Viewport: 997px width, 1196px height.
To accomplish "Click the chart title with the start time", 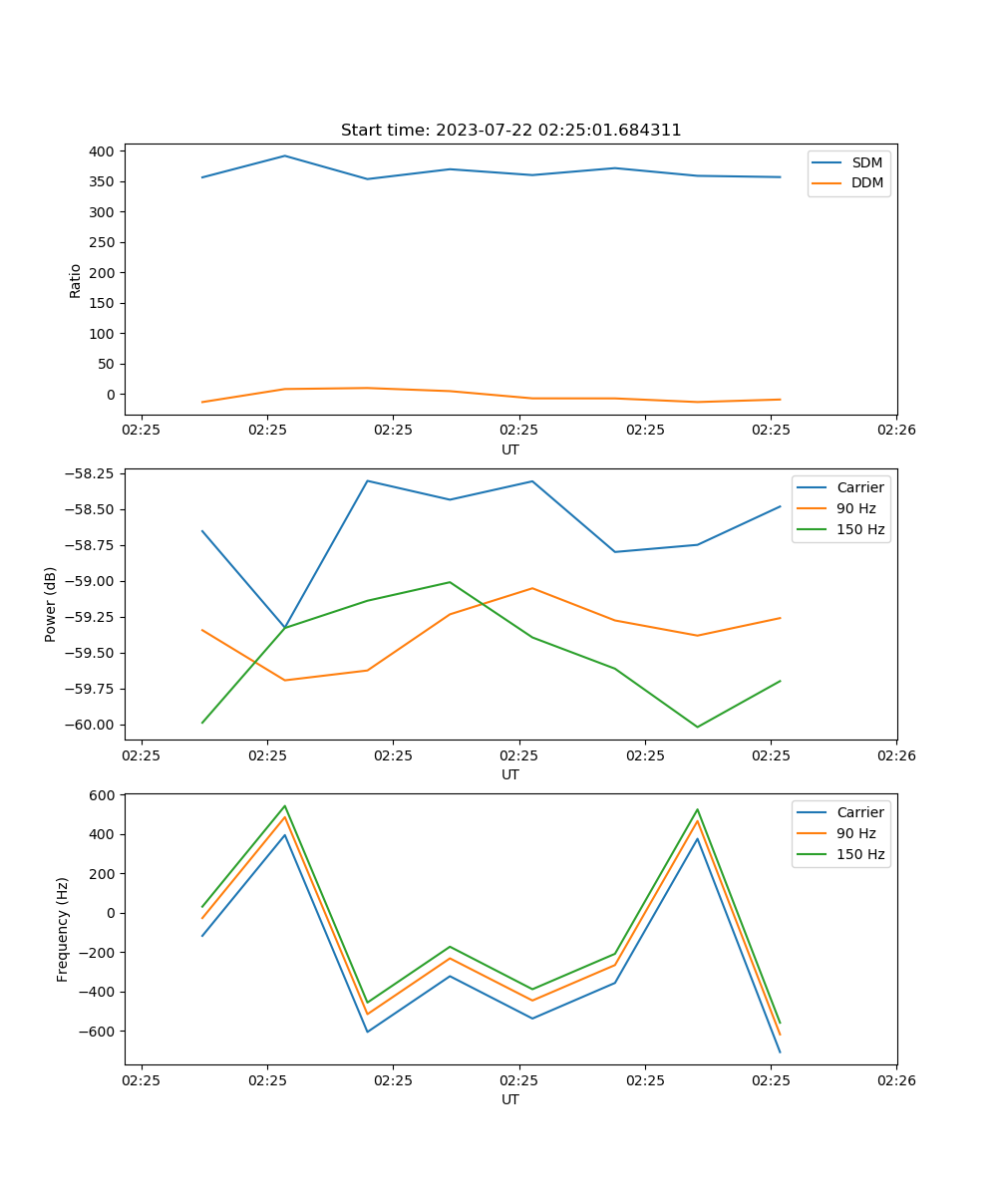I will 510,131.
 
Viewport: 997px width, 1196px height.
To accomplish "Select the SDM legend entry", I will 866,162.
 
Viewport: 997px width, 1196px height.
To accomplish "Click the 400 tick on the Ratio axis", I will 103,151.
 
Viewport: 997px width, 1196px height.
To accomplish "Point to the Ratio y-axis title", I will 76,280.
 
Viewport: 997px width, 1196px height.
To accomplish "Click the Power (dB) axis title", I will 51,604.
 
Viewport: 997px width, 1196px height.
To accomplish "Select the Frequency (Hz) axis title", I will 63,929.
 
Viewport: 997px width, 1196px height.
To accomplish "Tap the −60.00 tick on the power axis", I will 89,725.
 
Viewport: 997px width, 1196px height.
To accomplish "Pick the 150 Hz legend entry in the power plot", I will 860,529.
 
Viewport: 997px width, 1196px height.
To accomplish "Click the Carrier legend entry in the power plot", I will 859,487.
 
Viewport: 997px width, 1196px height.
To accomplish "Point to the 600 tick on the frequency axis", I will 104,795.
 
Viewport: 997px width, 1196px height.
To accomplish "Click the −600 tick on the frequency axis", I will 100,1032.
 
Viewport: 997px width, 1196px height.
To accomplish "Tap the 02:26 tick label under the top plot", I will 896,430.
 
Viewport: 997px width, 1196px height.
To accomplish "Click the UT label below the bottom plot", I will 510,1099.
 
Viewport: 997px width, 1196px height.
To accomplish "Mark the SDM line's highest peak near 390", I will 285,155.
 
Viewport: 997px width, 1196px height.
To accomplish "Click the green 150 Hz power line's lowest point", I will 697,727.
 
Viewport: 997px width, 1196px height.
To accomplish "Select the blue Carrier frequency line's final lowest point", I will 780,1051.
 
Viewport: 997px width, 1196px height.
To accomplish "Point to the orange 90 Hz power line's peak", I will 532,588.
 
